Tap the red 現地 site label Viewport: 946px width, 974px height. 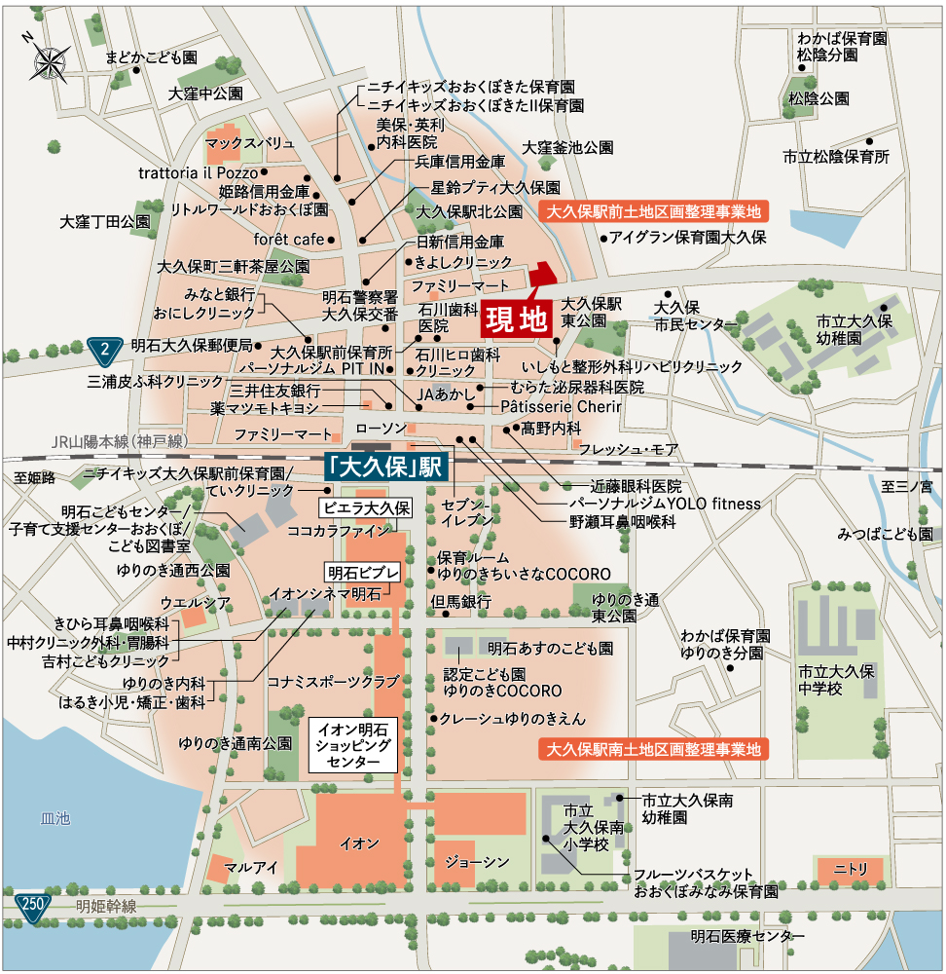(515, 318)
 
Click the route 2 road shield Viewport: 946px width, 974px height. (104, 347)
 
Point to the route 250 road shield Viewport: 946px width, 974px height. (32, 905)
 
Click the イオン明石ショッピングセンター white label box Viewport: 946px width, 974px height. (354, 746)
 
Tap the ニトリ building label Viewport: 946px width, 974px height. (850, 866)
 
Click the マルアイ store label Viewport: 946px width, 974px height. (251, 866)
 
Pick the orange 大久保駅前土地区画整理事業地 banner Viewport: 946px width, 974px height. (652, 211)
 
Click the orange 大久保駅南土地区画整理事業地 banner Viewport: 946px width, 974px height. (652, 750)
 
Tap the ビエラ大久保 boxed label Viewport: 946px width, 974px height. (368, 507)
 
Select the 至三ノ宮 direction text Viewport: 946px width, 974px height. (906, 485)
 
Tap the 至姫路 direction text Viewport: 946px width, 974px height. (35, 477)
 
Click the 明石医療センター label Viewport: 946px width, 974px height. (748, 936)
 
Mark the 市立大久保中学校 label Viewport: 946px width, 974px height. (837, 680)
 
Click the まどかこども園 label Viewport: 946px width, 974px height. (152, 58)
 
